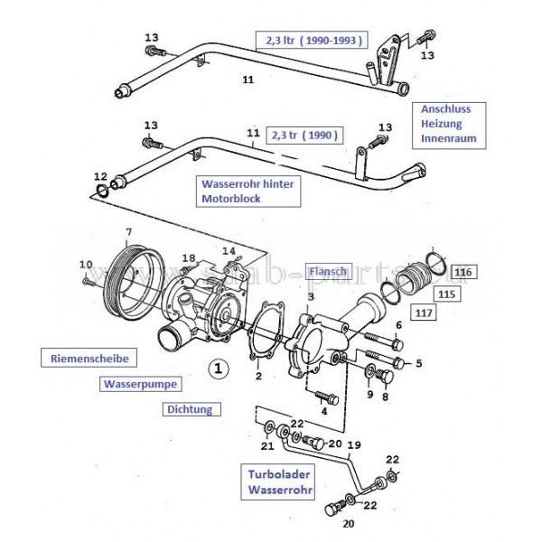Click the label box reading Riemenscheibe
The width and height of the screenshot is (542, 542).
point(89,359)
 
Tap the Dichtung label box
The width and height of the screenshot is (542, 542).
point(191,409)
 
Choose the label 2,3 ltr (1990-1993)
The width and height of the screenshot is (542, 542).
point(313,40)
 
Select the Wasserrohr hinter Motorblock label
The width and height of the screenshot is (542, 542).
point(248,191)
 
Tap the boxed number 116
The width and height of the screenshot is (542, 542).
point(463,271)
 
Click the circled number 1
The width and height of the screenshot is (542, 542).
point(217,368)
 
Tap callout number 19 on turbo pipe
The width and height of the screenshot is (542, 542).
point(353,444)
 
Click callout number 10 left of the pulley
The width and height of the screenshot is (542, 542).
point(86,264)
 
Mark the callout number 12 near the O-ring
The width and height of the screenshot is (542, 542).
point(100,176)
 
